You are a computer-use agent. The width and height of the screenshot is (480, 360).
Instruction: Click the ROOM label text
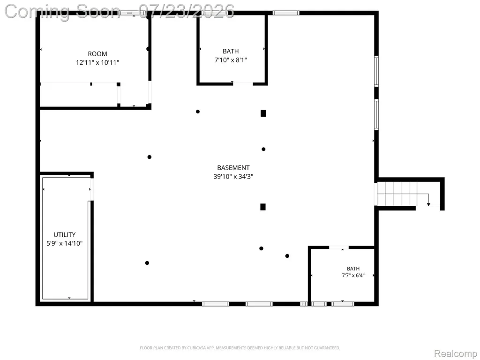pos(97,54)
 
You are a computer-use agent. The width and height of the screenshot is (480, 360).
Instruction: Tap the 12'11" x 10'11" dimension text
pos(97,62)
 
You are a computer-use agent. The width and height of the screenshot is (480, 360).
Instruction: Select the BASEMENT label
pos(233,168)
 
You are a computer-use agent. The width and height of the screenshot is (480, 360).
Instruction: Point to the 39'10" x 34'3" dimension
pos(233,176)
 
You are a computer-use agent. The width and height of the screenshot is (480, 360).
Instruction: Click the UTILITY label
pos(65,235)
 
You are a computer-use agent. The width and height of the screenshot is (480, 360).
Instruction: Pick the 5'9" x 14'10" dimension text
pos(65,243)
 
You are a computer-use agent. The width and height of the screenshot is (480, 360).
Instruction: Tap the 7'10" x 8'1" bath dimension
pos(231,60)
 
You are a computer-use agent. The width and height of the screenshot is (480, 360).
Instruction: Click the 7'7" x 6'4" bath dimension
pos(353,275)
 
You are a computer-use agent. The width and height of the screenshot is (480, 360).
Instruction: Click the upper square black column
pos(263,113)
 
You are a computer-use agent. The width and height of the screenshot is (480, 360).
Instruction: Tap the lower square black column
pos(262,207)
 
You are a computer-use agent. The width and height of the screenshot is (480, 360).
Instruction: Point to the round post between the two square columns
pos(263,149)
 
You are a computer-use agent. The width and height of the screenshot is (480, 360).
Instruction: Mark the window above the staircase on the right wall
pos(376,114)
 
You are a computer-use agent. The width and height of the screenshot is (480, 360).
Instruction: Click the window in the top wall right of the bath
pos(286,13)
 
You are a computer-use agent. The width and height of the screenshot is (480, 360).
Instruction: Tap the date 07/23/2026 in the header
pos(187,11)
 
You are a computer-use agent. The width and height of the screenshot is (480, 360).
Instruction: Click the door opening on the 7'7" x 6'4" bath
pos(339,247)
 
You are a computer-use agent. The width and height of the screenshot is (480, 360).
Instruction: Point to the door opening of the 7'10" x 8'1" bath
pos(243,83)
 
